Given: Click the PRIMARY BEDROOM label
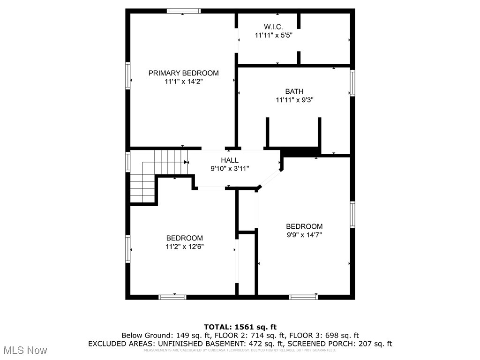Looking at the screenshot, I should click(183, 73).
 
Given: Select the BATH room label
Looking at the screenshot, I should click(294, 91).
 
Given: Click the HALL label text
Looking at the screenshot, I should click(230, 160).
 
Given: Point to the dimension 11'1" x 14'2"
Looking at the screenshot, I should click(183, 81).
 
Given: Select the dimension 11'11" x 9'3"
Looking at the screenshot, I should click(294, 99).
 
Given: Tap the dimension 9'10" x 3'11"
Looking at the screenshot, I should click(230, 168).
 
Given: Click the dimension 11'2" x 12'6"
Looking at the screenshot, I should click(184, 246).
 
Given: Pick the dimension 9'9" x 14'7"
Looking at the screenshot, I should click(304, 234).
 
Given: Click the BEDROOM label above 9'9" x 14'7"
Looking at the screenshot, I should click(304, 226).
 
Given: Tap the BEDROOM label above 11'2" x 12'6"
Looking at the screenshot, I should click(184, 238).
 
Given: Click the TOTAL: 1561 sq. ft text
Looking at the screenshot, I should click(240, 327).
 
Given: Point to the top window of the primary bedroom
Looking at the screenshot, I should click(184, 11).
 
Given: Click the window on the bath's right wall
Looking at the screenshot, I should click(352, 83).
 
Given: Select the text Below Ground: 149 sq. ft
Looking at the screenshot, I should click(166, 335).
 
